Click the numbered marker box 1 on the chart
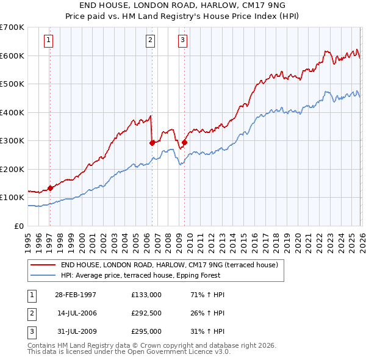point(48,41)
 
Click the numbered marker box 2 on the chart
point(150,41)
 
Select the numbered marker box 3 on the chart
point(182,41)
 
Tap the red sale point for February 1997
point(50,188)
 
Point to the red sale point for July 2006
point(151,143)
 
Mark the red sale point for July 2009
point(184,142)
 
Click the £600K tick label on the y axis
point(12,56)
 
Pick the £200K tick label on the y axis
point(12,169)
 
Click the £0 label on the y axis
point(20,226)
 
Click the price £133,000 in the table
point(146,295)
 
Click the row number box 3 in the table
point(31,331)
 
